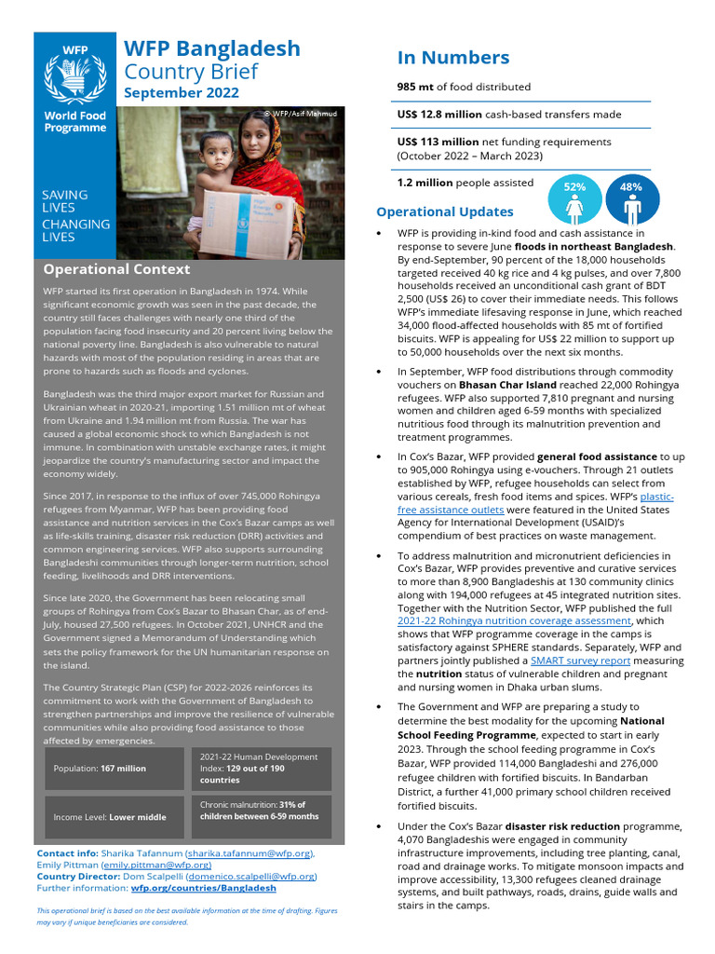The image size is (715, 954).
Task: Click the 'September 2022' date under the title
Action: click(182, 93)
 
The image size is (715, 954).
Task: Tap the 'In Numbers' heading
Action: click(453, 58)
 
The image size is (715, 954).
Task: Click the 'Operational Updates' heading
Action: click(444, 211)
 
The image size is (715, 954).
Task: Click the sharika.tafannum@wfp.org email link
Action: click(249, 852)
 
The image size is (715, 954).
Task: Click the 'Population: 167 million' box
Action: click(100, 769)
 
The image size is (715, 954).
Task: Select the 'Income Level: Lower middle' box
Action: click(110, 817)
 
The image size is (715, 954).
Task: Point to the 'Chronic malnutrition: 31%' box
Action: click(261, 811)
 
